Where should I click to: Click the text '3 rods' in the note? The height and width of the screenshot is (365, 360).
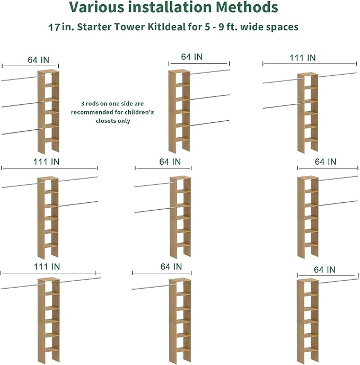click(90, 104)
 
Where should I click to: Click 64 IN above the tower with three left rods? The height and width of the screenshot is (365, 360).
click(39, 60)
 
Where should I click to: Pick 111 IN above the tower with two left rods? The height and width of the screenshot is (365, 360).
click(302, 58)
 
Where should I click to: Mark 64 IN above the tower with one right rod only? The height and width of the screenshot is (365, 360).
click(324, 270)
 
